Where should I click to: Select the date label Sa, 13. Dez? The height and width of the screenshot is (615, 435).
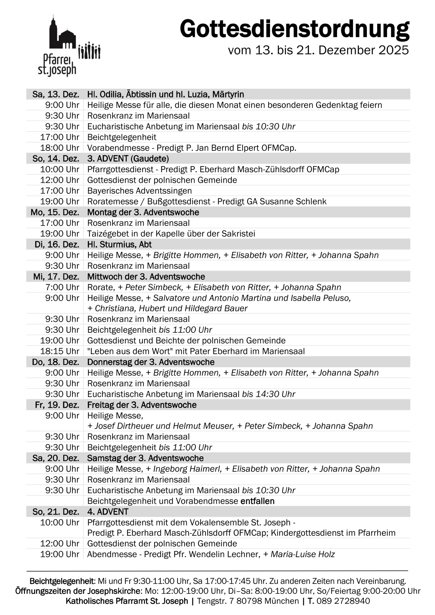click(x=56, y=94)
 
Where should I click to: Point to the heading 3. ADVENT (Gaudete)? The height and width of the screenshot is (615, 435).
click(x=128, y=159)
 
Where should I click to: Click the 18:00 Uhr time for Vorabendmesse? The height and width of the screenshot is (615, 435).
click(x=60, y=148)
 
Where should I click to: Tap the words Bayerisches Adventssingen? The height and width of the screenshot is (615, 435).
click(x=139, y=191)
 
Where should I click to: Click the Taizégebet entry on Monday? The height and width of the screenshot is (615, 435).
click(x=171, y=234)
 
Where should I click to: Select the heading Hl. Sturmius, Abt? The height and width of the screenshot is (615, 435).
click(x=119, y=244)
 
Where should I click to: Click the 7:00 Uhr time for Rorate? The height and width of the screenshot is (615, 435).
click(x=62, y=287)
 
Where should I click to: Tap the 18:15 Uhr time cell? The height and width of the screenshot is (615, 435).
click(x=60, y=351)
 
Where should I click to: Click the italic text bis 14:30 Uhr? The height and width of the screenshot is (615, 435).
click(x=268, y=394)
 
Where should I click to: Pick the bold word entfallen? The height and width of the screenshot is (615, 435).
click(x=257, y=501)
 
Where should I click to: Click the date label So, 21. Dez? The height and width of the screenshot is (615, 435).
click(x=56, y=512)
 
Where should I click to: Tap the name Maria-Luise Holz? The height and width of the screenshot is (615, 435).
click(x=303, y=554)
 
